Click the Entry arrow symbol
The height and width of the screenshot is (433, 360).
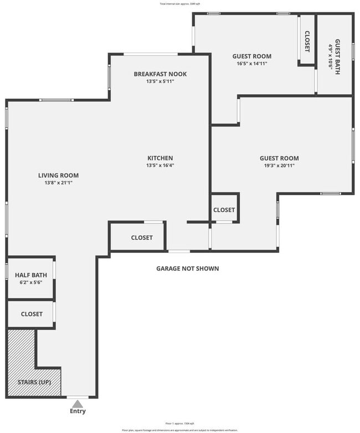click(x=78, y=404)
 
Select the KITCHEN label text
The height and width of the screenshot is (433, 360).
click(x=160, y=158)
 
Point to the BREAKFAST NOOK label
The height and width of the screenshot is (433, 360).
click(x=160, y=74)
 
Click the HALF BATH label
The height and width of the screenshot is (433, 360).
click(x=31, y=275)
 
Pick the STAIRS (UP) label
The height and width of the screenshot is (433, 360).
click(x=32, y=383)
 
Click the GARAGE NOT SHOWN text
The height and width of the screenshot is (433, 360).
click(x=187, y=268)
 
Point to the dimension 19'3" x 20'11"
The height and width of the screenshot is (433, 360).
click(x=279, y=165)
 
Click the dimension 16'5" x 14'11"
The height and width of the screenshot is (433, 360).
click(x=251, y=63)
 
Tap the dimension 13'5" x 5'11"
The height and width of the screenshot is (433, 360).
click(x=160, y=81)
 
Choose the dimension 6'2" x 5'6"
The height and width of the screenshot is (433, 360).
click(x=31, y=282)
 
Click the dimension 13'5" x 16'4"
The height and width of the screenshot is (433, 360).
click(x=160, y=165)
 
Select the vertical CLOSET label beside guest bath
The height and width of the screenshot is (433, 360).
click(x=307, y=40)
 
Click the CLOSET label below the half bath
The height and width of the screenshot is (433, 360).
click(x=32, y=314)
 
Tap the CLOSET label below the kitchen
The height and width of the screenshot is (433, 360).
click(x=142, y=237)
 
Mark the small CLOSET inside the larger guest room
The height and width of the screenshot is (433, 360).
click(x=224, y=210)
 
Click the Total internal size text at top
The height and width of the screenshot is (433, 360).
click(x=180, y=3)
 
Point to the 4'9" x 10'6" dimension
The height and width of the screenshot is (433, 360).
click(x=331, y=55)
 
